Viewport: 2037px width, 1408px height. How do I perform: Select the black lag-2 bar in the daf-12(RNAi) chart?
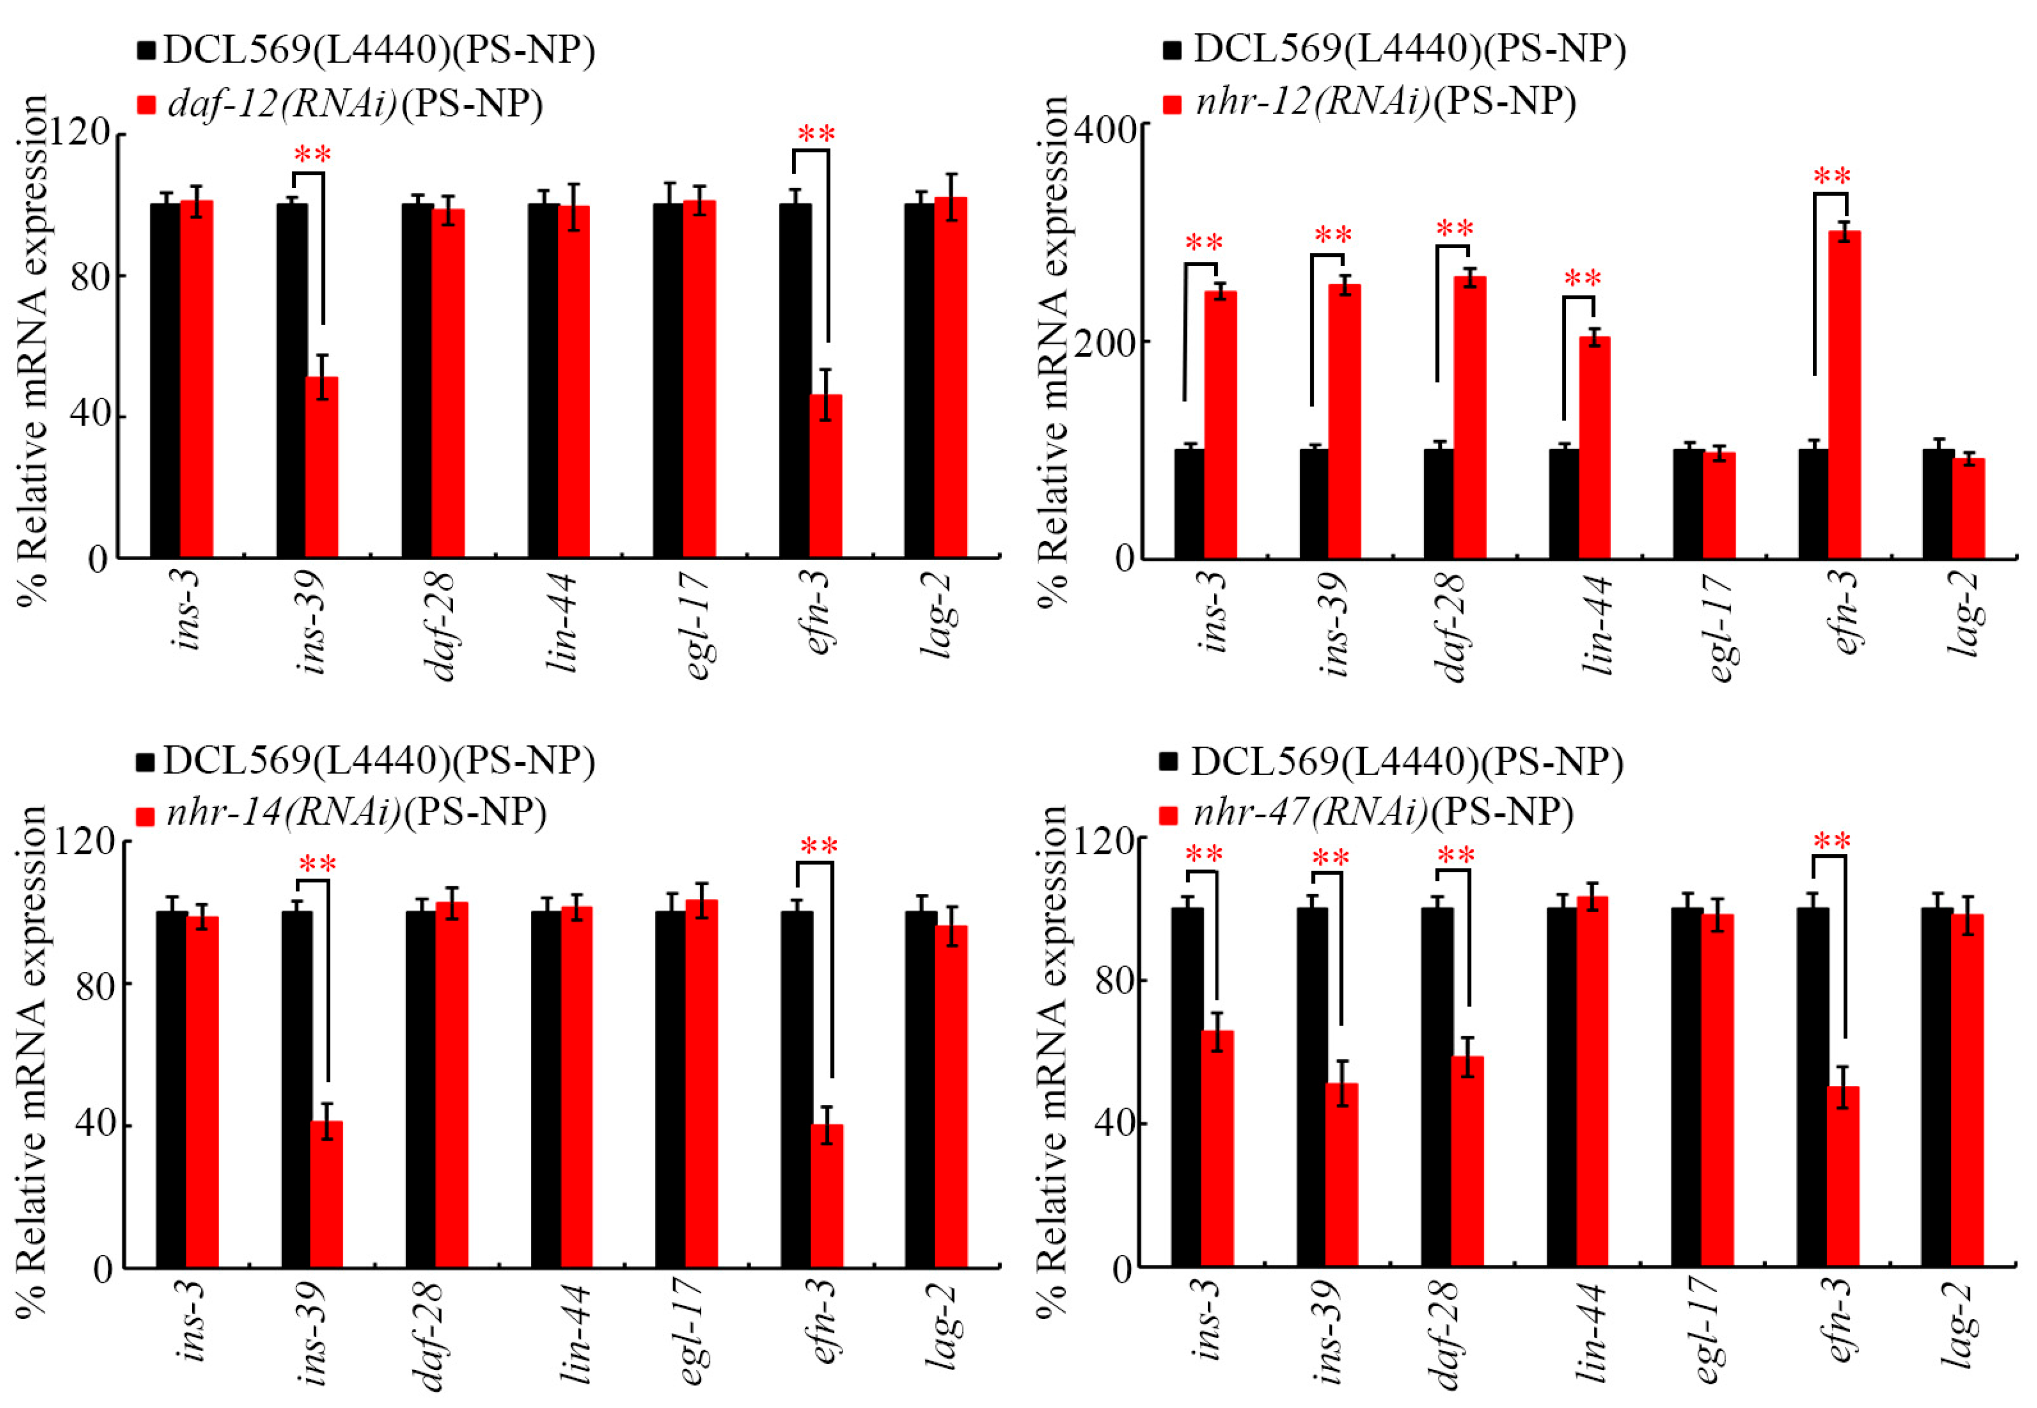coord(920,379)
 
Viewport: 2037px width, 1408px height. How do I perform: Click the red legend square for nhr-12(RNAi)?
coord(1172,104)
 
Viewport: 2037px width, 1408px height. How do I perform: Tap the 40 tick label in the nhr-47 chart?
coord(1113,1123)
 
